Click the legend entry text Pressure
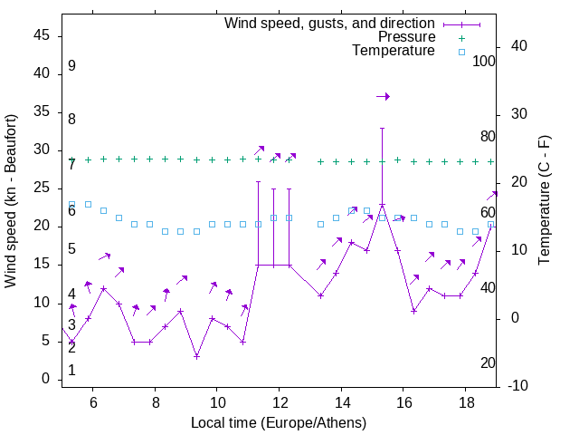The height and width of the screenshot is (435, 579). click(x=406, y=37)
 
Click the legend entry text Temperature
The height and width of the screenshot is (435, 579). click(x=394, y=51)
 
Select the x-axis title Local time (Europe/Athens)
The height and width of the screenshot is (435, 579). click(x=279, y=422)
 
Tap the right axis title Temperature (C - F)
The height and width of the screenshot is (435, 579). click(x=544, y=201)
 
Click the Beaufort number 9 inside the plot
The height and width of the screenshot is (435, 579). click(x=71, y=66)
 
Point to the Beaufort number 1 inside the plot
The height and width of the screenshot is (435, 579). click(x=71, y=371)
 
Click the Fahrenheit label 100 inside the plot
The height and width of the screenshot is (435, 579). click(x=484, y=61)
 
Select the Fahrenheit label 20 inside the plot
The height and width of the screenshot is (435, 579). click(x=488, y=363)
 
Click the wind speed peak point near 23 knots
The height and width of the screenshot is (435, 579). click(x=383, y=205)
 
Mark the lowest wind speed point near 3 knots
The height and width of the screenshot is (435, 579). click(x=196, y=356)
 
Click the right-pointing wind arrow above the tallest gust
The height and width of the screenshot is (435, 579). click(x=383, y=96)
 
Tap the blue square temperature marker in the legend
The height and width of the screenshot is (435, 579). click(x=461, y=52)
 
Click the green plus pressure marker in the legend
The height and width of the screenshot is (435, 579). click(x=461, y=38)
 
